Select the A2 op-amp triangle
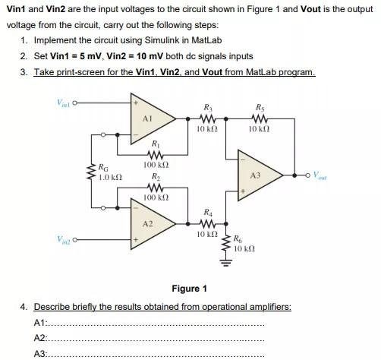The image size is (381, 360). pos(151,224)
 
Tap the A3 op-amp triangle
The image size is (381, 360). pos(254,174)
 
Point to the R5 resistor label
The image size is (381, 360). pos(260,106)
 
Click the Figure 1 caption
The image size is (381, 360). pos(190,289)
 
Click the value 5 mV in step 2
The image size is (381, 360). pos(83,56)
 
